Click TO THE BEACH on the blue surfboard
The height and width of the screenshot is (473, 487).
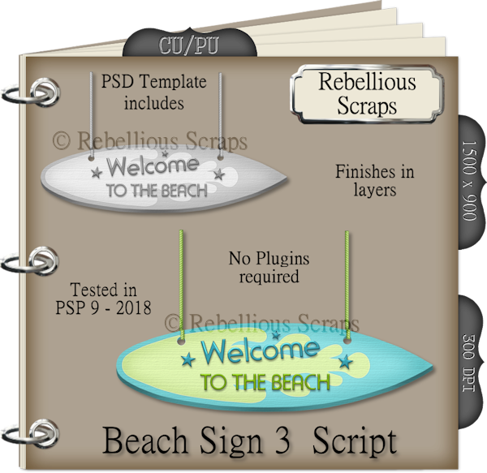265,382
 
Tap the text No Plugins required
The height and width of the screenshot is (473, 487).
269,268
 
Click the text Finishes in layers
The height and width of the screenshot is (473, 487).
375,181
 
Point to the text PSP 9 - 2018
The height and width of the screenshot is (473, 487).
103,307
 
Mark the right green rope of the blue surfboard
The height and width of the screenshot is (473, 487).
347,284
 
